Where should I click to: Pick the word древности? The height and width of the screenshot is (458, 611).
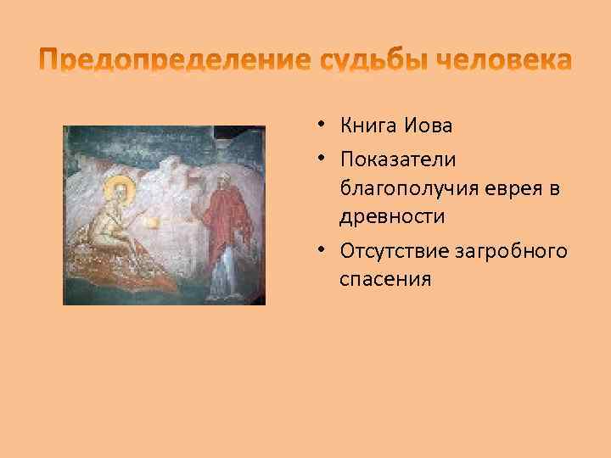click(x=392, y=216)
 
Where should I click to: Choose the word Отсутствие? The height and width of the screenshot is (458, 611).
click(x=392, y=250)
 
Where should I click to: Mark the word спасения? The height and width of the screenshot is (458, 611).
click(x=385, y=278)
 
